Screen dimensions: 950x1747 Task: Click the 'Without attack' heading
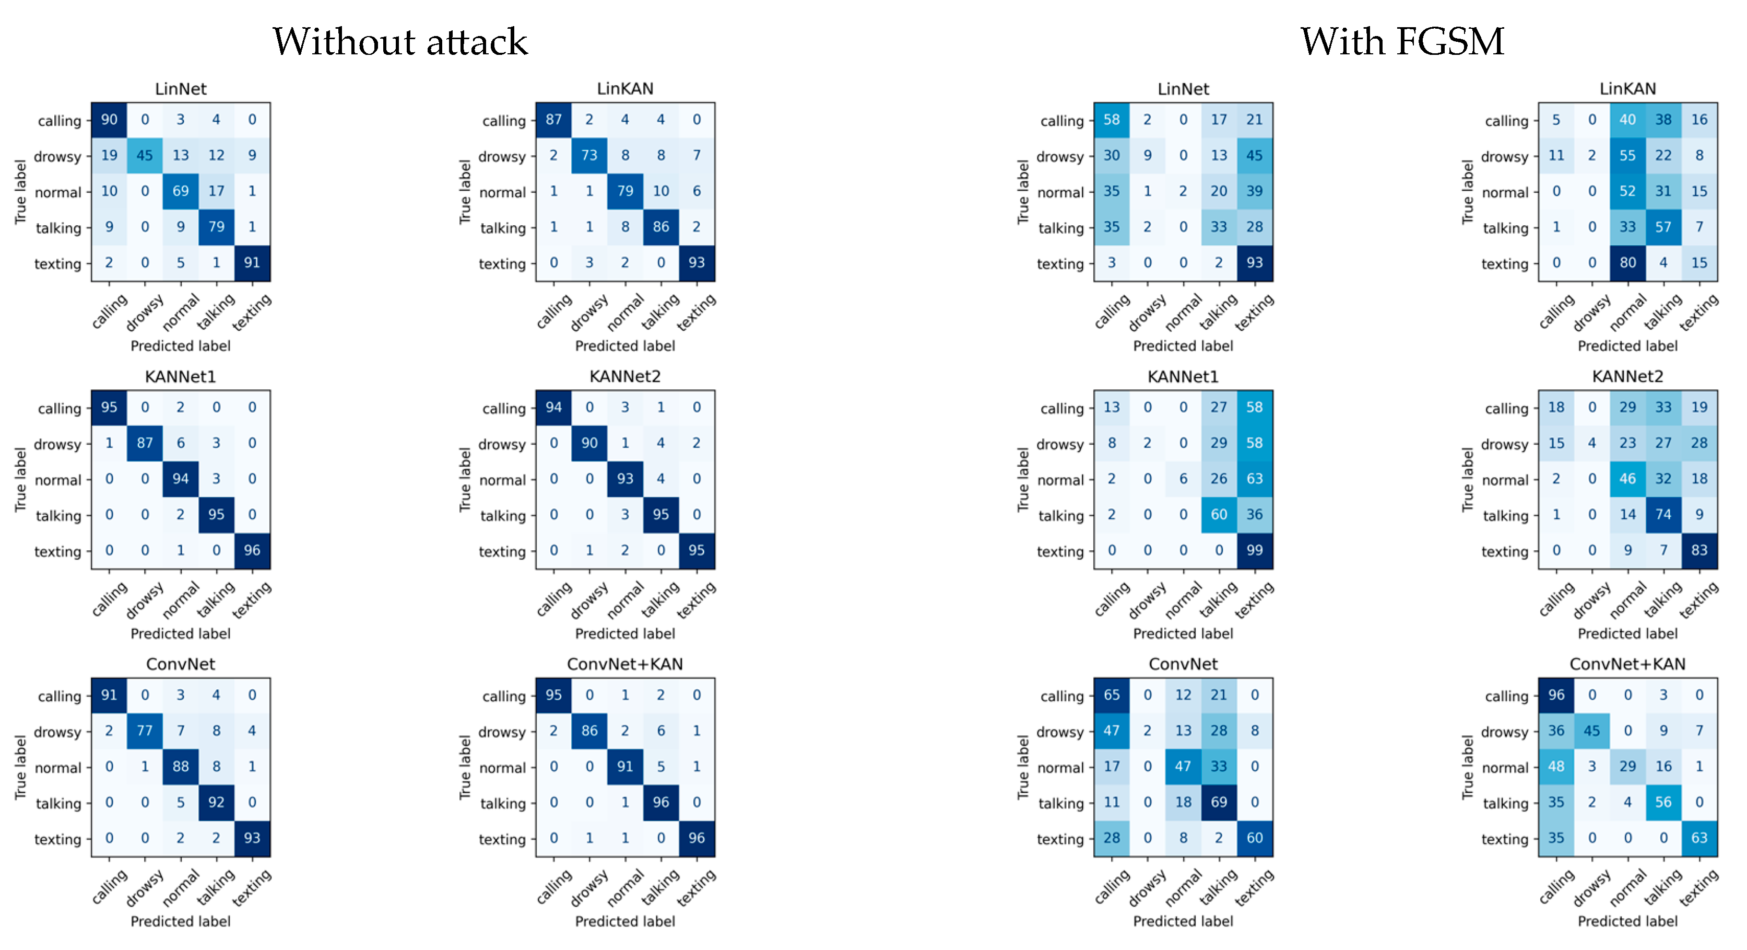400,42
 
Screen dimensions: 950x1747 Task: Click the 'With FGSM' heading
1402,42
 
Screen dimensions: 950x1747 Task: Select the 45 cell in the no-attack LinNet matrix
145,155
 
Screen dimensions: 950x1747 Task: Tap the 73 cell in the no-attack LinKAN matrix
589,155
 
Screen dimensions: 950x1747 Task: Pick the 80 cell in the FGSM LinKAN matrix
1627,263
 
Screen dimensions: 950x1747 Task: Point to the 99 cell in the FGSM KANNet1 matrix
1255,550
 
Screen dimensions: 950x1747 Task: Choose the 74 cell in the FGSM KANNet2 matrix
1663,514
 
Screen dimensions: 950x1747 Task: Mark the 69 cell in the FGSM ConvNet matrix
1219,802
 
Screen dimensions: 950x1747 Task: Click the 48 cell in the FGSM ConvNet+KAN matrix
1556,766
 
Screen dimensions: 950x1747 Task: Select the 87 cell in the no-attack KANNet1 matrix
145,443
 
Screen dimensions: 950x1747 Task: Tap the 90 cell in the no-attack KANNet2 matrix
589,443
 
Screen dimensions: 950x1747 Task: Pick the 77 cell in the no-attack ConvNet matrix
145,731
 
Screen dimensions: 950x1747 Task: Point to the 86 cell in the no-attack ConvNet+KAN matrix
589,731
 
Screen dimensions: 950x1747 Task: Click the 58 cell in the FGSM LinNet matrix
1112,120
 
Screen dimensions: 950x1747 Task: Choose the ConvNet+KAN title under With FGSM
1627,664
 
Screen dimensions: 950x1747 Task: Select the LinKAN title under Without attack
625,89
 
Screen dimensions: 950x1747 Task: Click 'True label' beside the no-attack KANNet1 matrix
20,479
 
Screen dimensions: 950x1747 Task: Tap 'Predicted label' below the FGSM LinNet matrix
1183,346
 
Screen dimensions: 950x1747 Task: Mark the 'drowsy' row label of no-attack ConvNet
57,732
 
